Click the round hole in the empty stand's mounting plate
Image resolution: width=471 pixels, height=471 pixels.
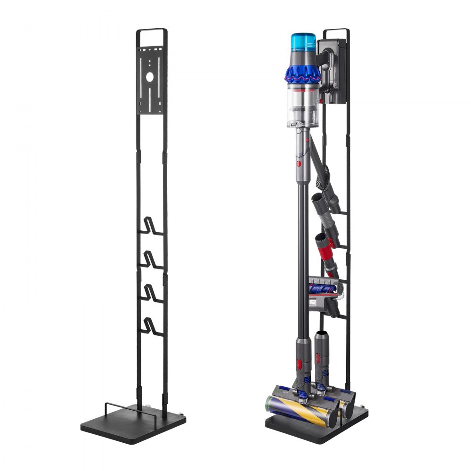[151, 76]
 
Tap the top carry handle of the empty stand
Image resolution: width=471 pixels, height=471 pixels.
[151, 30]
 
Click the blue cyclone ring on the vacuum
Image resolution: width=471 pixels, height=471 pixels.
[301, 73]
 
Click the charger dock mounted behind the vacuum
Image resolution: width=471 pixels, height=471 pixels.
[334, 71]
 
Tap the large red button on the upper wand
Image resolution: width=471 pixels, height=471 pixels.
[298, 163]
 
